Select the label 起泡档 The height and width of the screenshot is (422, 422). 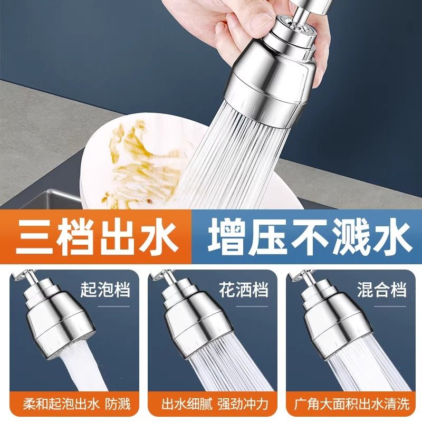click(105, 290)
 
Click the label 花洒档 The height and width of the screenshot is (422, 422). click(243, 290)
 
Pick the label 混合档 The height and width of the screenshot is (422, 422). click(381, 290)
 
